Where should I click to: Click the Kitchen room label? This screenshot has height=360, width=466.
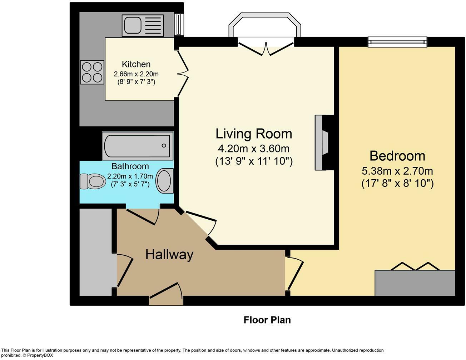point(136,64)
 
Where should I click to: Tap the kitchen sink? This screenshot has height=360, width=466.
point(143,25)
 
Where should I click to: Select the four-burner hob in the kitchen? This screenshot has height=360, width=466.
point(92,72)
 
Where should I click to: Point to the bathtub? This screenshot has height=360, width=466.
point(138,146)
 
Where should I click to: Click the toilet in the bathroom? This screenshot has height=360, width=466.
point(93,181)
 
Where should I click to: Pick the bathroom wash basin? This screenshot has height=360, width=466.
point(165,181)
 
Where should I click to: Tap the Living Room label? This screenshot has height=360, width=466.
point(254,134)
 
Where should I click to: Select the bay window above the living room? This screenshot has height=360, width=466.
point(265,25)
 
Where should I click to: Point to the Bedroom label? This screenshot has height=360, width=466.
point(397,156)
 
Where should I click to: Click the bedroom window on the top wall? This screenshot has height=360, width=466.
point(398,42)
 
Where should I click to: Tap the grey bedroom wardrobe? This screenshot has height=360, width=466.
point(415,283)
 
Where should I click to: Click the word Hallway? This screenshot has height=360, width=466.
point(169,255)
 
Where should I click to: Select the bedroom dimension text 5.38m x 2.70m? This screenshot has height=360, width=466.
point(397,171)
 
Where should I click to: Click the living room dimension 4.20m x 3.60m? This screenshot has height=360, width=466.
point(254,149)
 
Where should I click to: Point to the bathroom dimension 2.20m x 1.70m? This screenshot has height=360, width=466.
point(130,176)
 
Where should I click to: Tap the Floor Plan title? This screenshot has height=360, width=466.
point(267,320)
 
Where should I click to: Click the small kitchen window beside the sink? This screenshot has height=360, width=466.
point(179,24)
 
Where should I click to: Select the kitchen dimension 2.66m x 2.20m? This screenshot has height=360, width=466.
point(136,74)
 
